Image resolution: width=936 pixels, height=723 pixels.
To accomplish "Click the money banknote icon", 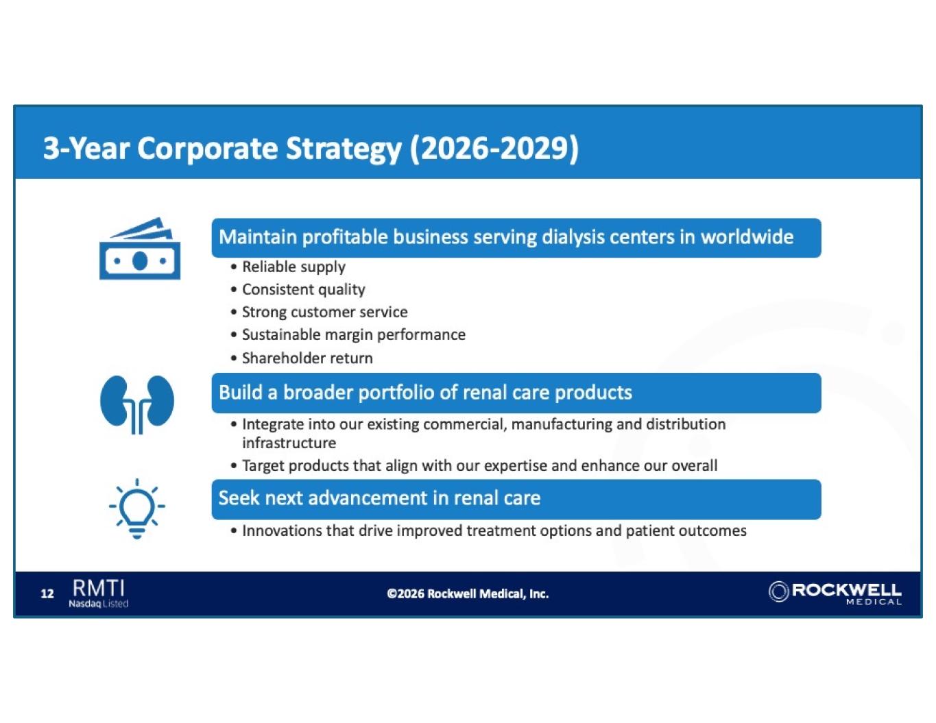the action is click(140, 249).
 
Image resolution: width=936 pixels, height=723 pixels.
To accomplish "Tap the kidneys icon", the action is click(137, 404).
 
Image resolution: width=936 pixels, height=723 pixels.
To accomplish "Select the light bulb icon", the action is click(137, 508).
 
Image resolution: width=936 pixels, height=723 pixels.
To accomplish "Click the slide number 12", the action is click(47, 594).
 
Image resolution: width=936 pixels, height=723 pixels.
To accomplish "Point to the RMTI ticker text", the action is click(99, 588).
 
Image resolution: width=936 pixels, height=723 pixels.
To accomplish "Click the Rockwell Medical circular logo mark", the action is click(778, 591).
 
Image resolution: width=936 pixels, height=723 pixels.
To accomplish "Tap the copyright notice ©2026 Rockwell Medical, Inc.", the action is click(468, 594).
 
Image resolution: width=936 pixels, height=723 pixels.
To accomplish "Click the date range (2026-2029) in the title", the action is click(494, 149).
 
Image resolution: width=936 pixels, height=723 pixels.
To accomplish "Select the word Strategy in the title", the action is click(344, 149).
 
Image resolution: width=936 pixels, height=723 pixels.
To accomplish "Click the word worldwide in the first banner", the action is click(747, 237).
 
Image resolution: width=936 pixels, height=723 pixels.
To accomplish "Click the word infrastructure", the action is click(289, 443).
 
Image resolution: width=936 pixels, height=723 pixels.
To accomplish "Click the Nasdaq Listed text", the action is click(98, 604).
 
